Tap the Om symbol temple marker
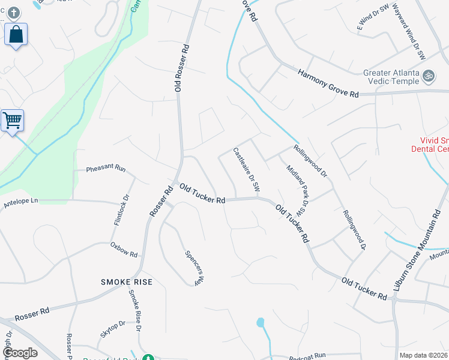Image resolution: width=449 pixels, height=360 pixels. [429, 76]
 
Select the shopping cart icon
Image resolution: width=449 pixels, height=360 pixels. [12, 121]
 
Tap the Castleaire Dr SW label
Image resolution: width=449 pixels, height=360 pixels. [246, 170]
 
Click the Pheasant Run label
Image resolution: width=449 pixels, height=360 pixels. [106, 169]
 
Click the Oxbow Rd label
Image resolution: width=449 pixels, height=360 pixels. [124, 248]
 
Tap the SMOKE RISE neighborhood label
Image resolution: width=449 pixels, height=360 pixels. [126, 281]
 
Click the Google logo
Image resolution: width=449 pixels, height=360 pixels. [20, 353]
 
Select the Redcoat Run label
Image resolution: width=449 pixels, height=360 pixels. [307, 356]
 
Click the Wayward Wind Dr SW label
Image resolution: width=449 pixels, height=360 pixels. [409, 34]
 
